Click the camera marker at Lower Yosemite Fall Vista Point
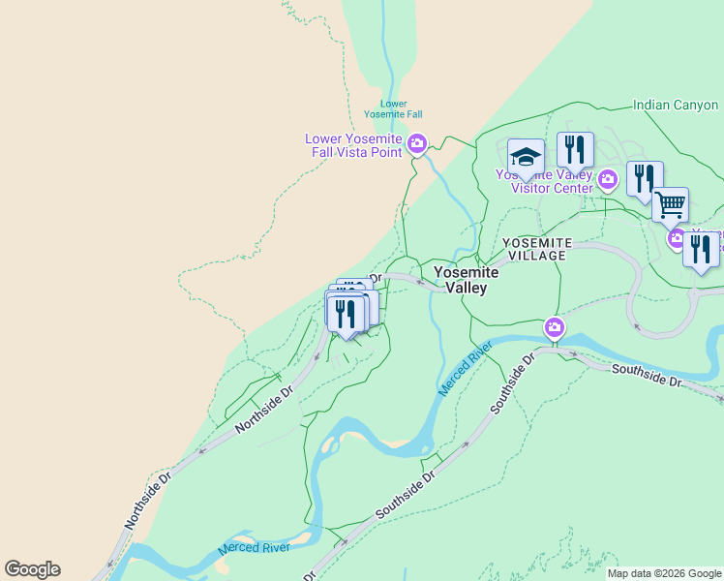417,145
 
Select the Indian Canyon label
675,105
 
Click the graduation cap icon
526,156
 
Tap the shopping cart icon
670,204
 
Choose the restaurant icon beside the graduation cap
575,150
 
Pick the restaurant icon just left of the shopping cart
644,179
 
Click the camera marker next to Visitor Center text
608,178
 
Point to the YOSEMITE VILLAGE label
537,248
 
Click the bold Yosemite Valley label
466,280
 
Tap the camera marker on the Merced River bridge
554,327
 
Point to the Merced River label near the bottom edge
254,547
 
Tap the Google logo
32,569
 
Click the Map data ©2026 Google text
664,573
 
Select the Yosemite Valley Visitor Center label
544,181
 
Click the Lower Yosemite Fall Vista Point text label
353,145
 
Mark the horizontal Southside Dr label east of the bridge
648,377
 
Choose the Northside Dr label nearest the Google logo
147,500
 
